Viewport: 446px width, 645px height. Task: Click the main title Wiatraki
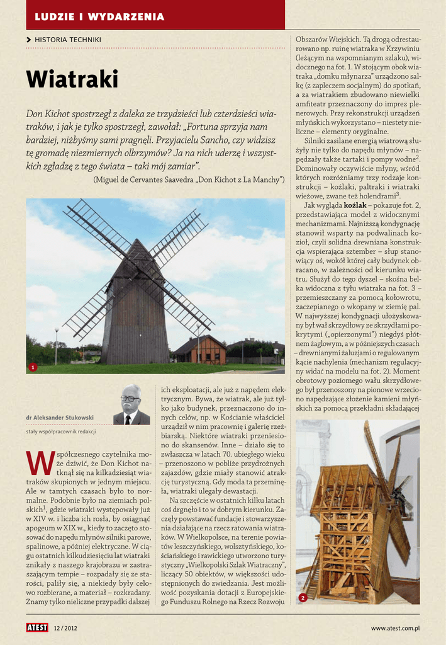pos(72,80)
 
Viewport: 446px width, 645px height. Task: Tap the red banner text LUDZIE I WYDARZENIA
pos(99,16)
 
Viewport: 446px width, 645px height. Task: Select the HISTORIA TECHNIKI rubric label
pos(68,40)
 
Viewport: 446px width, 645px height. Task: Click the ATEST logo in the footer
pos(37,627)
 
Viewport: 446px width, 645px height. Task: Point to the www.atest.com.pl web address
pos(395,628)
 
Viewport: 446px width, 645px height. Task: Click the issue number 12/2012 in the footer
pos(65,628)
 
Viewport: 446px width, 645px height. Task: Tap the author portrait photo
pos(131,404)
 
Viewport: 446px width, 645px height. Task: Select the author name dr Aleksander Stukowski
pos(60,417)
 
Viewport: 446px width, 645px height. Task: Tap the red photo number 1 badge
pos(33,367)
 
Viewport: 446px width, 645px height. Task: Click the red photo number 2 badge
pos(303,597)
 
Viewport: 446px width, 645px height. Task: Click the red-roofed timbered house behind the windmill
pos(199,351)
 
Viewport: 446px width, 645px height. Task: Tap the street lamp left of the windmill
pos(56,345)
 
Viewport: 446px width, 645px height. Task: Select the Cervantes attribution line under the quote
pos(189,180)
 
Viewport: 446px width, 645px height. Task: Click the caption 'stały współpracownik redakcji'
pos(61,431)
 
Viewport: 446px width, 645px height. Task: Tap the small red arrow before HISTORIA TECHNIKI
pos(29,40)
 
